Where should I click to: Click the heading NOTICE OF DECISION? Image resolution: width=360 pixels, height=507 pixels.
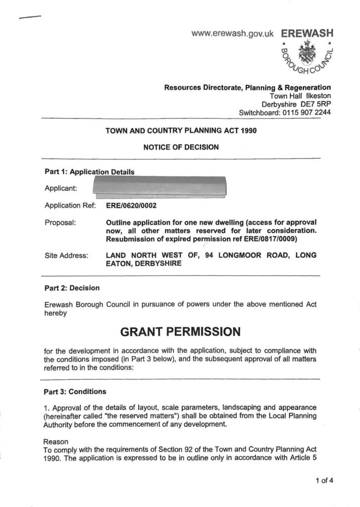pyautogui.click(x=181, y=147)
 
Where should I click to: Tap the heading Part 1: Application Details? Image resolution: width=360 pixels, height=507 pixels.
pyautogui.click(x=90, y=172)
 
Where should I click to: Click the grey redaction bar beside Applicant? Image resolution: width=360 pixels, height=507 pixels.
pyautogui.click(x=159, y=188)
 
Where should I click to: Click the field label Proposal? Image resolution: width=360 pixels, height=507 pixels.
pyautogui.click(x=60, y=222)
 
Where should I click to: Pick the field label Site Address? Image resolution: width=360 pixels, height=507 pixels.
pyautogui.click(x=66, y=255)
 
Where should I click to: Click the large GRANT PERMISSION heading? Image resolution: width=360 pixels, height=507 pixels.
pyautogui.click(x=181, y=330)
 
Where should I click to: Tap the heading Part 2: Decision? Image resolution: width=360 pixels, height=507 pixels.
pyautogui.click(x=72, y=288)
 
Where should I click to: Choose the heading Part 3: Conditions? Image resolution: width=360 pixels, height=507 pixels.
pyautogui.click(x=75, y=392)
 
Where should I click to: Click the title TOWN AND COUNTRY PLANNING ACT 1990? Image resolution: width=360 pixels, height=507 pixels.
pyautogui.click(x=181, y=131)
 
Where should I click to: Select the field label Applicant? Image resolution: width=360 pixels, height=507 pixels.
pyautogui.click(x=61, y=189)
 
